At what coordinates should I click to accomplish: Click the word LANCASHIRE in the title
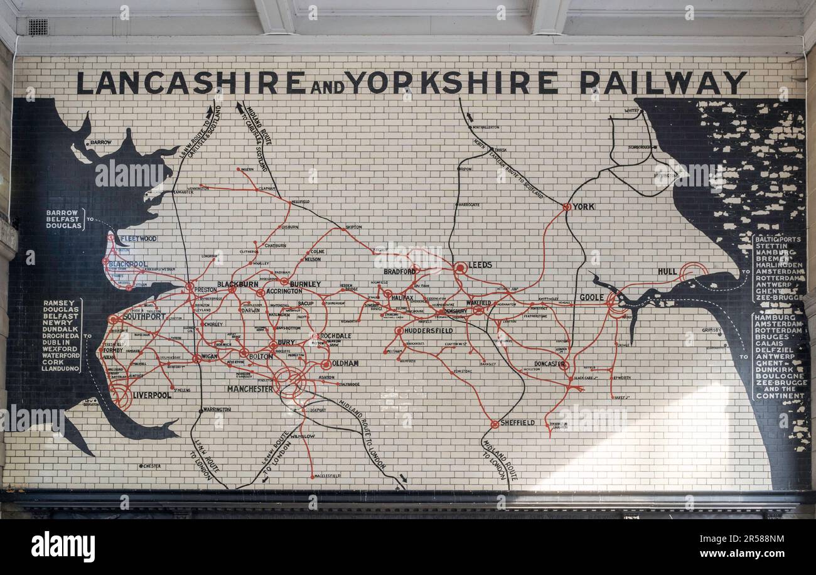click(x=191, y=82)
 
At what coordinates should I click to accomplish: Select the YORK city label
click(x=583, y=207)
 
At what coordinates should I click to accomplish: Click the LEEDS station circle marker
click(x=460, y=267)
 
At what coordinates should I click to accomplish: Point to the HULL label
click(x=667, y=271)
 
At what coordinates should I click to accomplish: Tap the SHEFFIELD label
click(x=517, y=423)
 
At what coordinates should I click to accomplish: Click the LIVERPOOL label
click(x=151, y=395)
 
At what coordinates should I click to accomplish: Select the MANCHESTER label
click(x=250, y=389)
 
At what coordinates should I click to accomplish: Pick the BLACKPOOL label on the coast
click(x=128, y=264)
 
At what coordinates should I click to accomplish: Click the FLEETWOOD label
click(x=138, y=239)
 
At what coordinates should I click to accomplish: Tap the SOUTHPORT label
click(x=144, y=316)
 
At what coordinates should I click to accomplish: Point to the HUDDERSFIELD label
click(x=429, y=331)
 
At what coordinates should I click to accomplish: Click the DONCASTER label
click(x=549, y=363)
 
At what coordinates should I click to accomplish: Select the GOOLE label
click(x=591, y=298)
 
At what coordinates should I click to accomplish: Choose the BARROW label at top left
click(x=100, y=142)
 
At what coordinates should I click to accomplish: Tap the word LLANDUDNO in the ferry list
click(x=62, y=368)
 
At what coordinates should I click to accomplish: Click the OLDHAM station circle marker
click(x=326, y=364)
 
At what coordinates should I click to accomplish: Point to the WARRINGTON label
click(x=217, y=409)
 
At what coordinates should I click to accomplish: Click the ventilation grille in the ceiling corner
click(x=38, y=27)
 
